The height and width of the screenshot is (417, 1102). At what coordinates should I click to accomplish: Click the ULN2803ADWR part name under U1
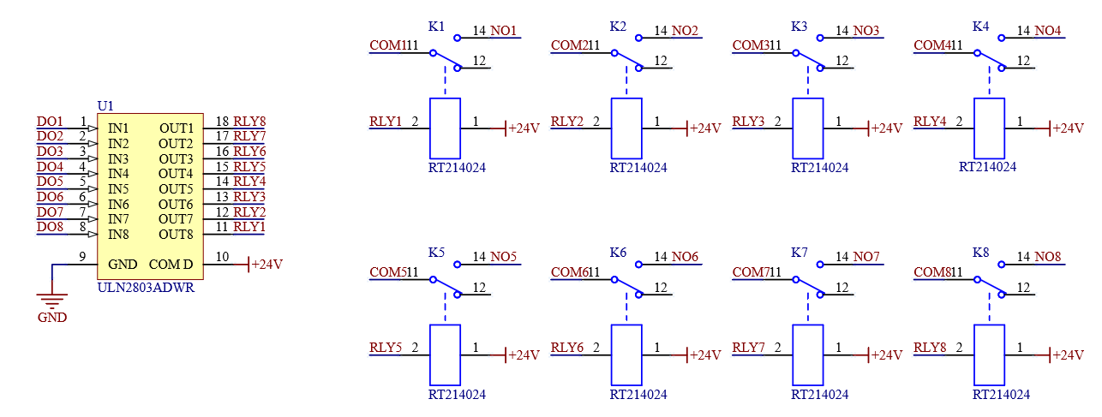[x=147, y=288]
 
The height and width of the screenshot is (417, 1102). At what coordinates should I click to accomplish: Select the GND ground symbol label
[x=52, y=318]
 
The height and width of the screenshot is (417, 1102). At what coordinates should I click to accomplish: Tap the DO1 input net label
[x=50, y=122]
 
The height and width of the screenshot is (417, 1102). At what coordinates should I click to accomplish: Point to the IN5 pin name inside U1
[x=118, y=189]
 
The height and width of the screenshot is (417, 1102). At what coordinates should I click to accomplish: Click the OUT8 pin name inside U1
[x=176, y=235]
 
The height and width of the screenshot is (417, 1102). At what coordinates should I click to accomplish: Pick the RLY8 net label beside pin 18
[x=249, y=122]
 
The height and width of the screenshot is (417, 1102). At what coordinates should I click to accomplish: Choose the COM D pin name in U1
[x=171, y=265]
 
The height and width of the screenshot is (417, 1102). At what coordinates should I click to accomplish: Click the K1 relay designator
[x=436, y=27]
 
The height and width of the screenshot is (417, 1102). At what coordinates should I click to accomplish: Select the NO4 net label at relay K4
[x=1048, y=31]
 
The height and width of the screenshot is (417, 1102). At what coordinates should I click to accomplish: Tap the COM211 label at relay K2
[x=574, y=45]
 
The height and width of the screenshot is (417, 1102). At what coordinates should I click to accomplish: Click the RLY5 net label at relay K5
[x=386, y=348]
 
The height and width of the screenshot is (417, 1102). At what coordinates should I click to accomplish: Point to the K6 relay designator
[x=618, y=253]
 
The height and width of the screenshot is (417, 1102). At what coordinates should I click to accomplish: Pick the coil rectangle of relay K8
[x=990, y=354]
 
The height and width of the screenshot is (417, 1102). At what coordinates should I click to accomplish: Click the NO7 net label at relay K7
[x=866, y=257]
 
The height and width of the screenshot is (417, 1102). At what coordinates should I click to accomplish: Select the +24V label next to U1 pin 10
[x=267, y=265]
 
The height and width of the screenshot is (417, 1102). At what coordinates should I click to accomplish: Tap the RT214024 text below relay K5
[x=457, y=395]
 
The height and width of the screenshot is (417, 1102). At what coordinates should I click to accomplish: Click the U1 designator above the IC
[x=105, y=105]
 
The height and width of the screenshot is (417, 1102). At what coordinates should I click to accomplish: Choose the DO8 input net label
[x=50, y=227]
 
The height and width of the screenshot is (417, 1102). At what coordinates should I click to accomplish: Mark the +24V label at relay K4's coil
[x=1068, y=128]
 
